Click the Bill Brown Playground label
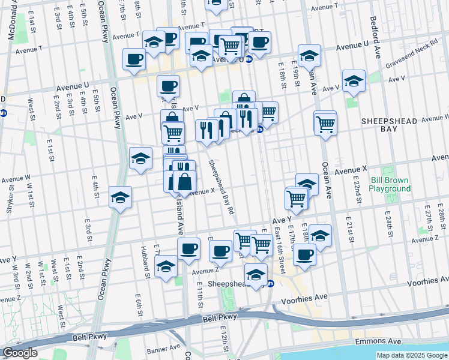[390, 184]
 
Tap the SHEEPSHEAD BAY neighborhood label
[388, 125]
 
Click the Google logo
[19, 352]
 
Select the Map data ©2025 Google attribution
[411, 355]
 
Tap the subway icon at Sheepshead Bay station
[271, 283]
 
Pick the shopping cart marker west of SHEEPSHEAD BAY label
[325, 124]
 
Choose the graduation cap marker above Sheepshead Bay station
[257, 274]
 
